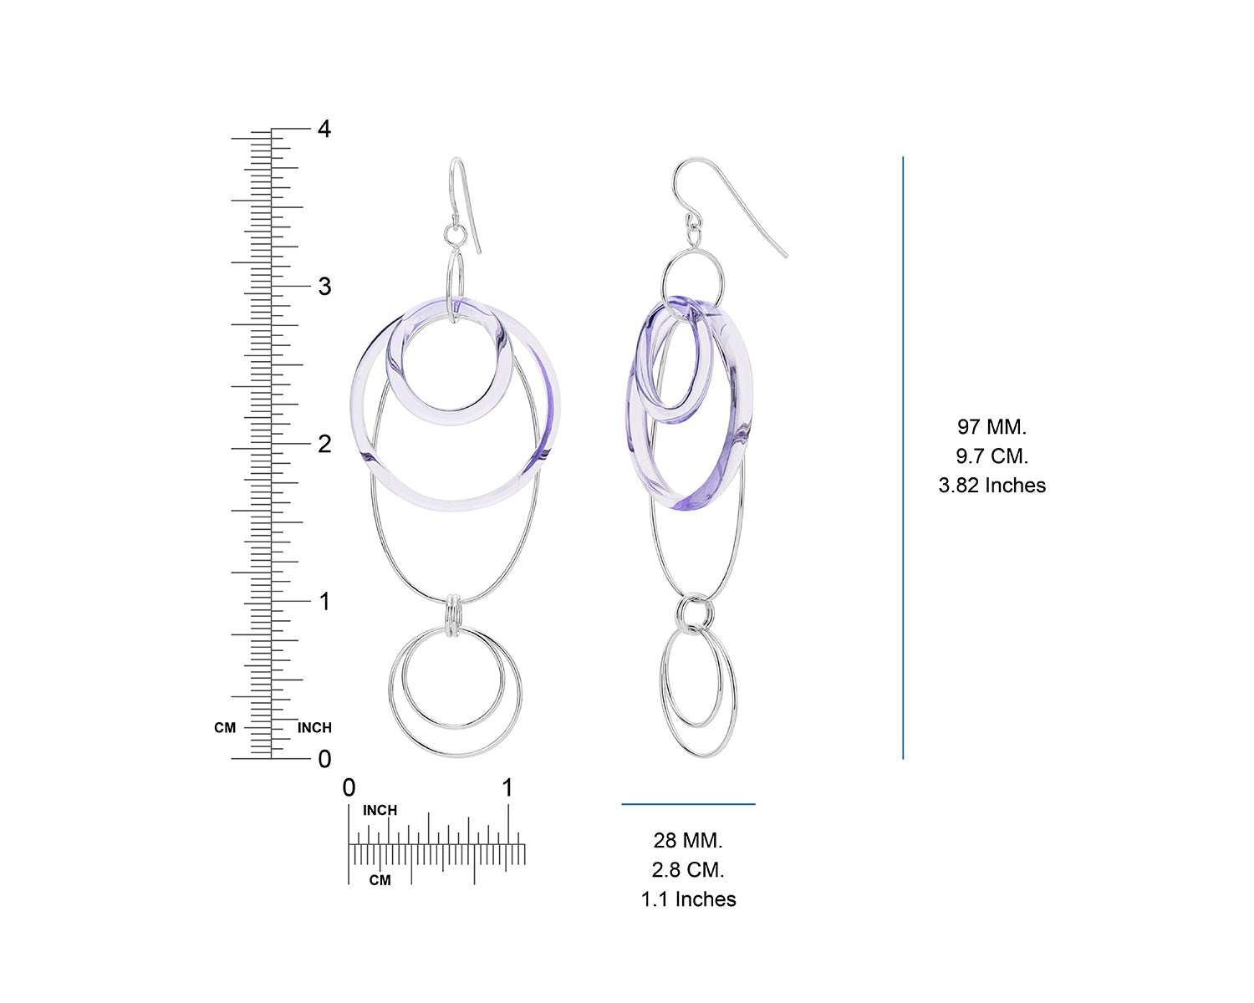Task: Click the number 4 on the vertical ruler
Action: pos(324,129)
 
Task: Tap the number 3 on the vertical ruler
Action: pos(324,286)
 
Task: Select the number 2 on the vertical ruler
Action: pos(324,444)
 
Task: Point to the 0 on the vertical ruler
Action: pos(324,759)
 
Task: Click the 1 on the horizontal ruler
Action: pos(507,788)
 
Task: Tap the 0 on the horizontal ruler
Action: pos(349,788)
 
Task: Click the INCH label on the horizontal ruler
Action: pos(380,810)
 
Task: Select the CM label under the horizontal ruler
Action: pos(380,880)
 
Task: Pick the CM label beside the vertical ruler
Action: pos(225,727)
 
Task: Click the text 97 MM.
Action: pos(991,426)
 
